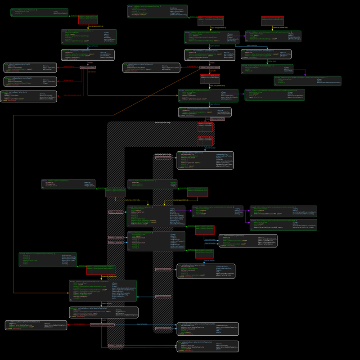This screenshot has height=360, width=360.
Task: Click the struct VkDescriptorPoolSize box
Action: pyautogui.click(x=38, y=13)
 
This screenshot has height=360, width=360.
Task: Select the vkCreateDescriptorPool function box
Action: pyautogui.click(x=88, y=55)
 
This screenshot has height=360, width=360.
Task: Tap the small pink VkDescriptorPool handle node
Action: pyautogui.click(x=88, y=67)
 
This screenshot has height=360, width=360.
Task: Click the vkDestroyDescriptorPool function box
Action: pyautogui.click(x=31, y=68)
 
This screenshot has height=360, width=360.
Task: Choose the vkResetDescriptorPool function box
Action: pyautogui.click(x=31, y=81)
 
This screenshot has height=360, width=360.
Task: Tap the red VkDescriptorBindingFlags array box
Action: pyautogui.click(x=272, y=21)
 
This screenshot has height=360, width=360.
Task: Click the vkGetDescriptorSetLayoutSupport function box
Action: pyautogui.click(x=266, y=54)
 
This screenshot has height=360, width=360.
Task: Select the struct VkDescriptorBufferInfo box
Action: pyautogui.click(x=152, y=184)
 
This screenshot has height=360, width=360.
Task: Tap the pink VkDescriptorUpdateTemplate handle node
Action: pyautogui.click(x=102, y=325)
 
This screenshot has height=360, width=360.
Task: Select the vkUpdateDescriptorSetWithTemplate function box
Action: pyautogui.click(x=207, y=346)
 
